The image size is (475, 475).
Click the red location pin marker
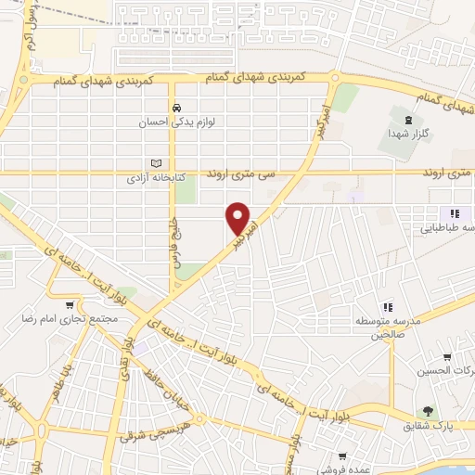point(238,219)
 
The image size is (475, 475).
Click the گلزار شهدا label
point(407,135)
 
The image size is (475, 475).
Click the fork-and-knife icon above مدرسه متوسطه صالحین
point(388,306)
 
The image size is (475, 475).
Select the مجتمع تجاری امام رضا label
point(69,318)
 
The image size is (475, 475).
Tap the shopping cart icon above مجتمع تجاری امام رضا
point(69,303)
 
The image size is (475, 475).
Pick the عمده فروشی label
point(342,470)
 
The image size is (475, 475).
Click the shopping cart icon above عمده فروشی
point(342,456)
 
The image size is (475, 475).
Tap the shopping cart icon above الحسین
point(447,356)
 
